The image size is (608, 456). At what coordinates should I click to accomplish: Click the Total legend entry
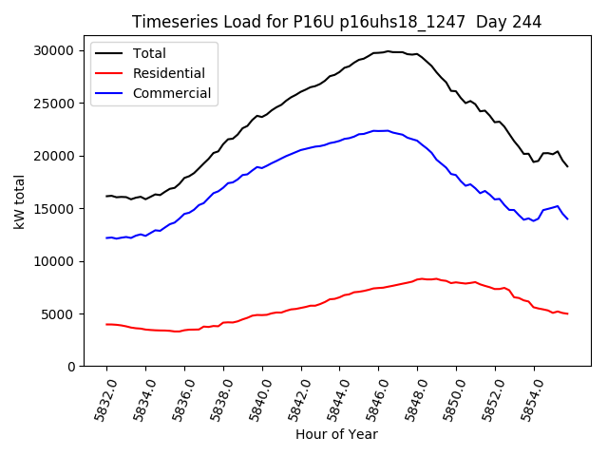(149, 53)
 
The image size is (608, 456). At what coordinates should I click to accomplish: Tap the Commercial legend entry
(172, 93)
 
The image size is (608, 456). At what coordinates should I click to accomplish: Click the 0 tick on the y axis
(70, 367)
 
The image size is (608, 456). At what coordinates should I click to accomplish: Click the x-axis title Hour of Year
(336, 435)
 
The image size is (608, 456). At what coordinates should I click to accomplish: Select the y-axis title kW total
(19, 201)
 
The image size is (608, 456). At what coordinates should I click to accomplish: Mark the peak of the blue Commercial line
(381, 130)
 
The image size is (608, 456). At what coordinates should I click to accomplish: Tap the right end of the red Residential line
(567, 313)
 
